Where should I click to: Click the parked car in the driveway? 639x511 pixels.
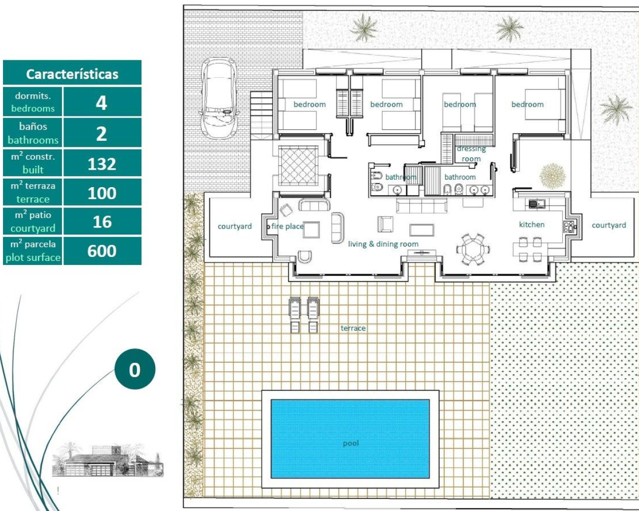[x=219, y=98]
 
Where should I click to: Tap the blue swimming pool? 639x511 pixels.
[x=350, y=439]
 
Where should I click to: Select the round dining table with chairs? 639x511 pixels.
[x=472, y=249]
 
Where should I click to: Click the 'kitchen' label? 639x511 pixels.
[x=532, y=225]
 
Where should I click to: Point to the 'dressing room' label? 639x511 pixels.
[x=471, y=154]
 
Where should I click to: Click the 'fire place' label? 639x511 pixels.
[x=287, y=226]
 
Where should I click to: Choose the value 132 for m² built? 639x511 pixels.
[x=102, y=164]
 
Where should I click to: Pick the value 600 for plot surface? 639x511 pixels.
[x=102, y=251]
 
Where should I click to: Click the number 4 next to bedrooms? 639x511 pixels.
[x=101, y=103]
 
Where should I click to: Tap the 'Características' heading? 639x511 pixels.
[x=72, y=74]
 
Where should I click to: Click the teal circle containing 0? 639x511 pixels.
[x=135, y=369]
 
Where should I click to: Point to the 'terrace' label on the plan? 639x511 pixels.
[x=353, y=328]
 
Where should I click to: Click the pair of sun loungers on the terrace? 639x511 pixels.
[x=304, y=314]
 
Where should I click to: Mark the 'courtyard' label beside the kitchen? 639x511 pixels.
[x=609, y=225]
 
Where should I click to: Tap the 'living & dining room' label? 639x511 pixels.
[x=383, y=244]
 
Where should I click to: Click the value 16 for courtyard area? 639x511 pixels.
[x=102, y=222]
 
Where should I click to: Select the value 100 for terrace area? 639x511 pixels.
[x=102, y=193]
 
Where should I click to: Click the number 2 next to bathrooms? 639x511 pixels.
[x=101, y=133]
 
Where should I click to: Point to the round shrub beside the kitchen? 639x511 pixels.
[x=552, y=176]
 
